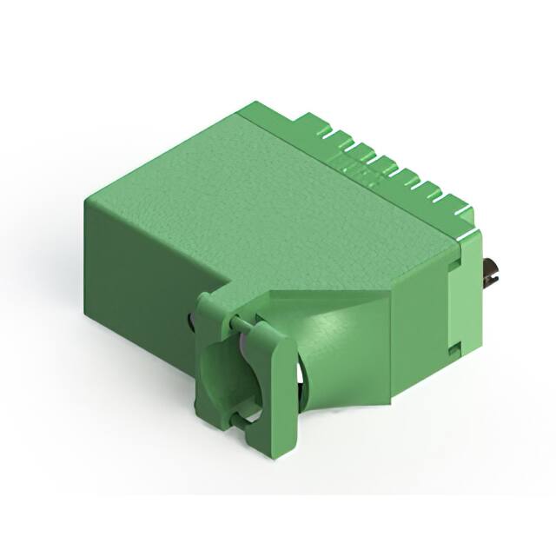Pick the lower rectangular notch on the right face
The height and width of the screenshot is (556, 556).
(453, 349)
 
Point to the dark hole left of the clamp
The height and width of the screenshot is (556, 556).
(190, 322)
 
